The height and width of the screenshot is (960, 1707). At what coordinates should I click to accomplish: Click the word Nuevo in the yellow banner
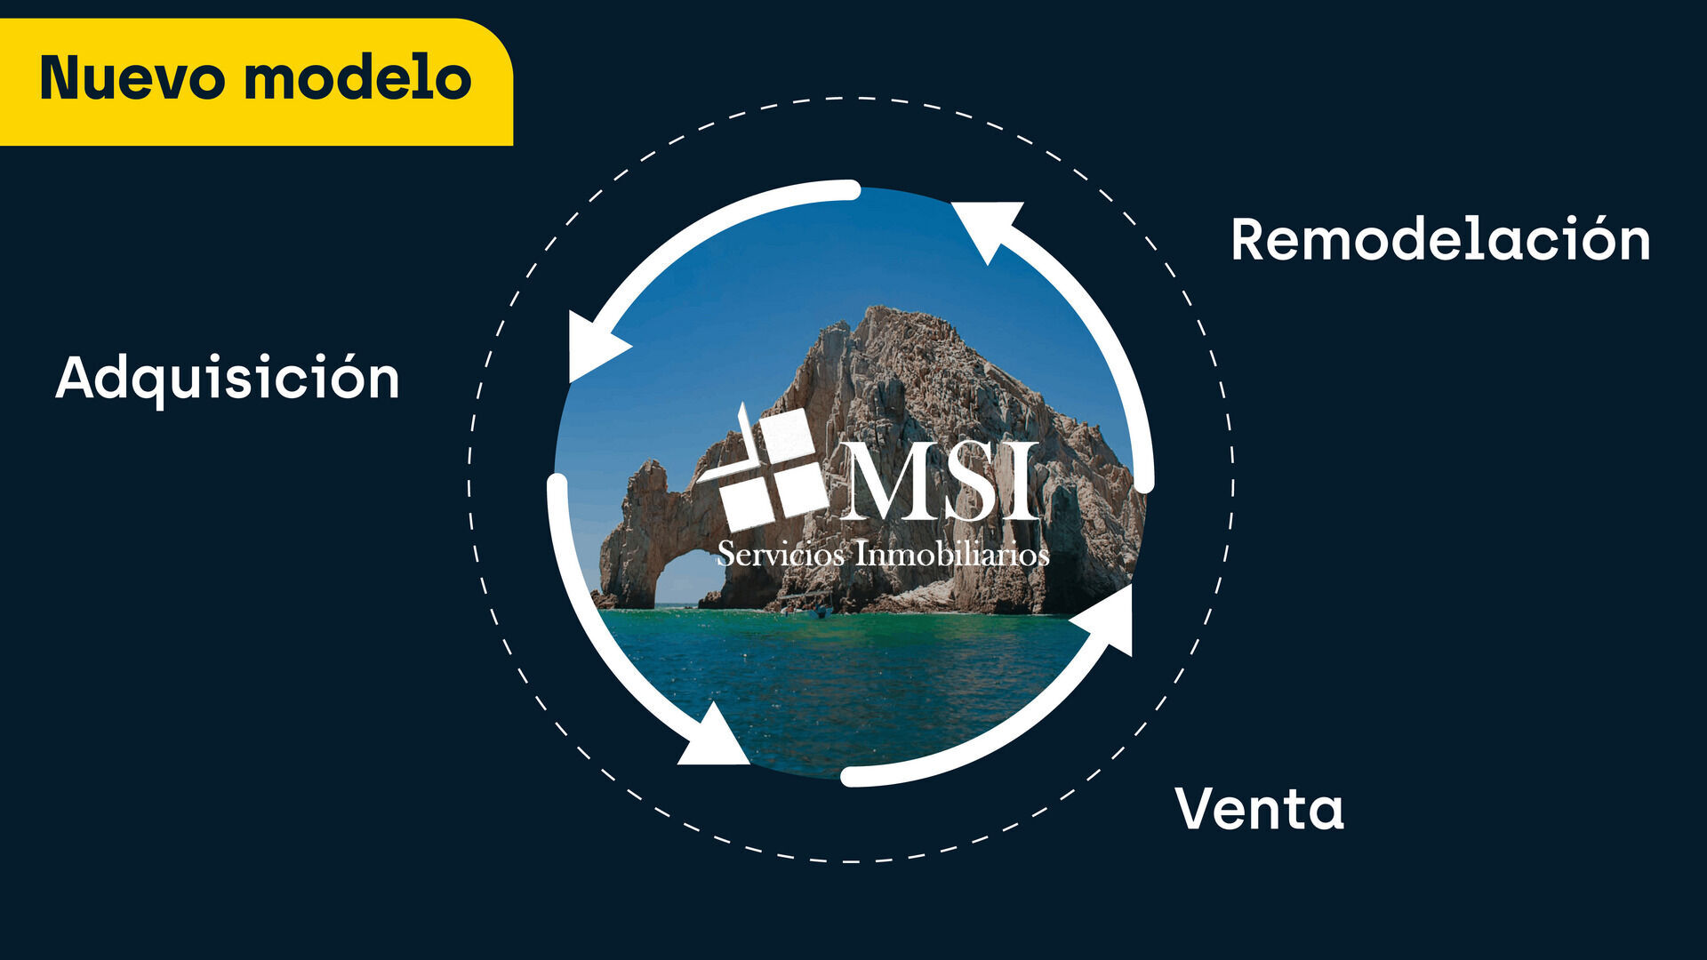pos(132,77)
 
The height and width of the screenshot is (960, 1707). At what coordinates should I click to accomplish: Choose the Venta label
pos(1259,809)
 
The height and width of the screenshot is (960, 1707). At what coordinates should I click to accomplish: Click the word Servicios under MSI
pos(781,554)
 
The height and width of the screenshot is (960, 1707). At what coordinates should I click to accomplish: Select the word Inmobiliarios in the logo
pos(952,554)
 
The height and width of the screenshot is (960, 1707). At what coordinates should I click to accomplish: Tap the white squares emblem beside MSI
pos(763,467)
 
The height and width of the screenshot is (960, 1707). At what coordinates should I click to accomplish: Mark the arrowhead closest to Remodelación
pos(987,227)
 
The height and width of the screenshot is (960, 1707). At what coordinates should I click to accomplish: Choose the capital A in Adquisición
pos(80,378)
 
